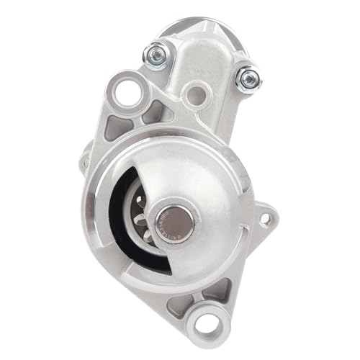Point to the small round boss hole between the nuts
tap(192, 94)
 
